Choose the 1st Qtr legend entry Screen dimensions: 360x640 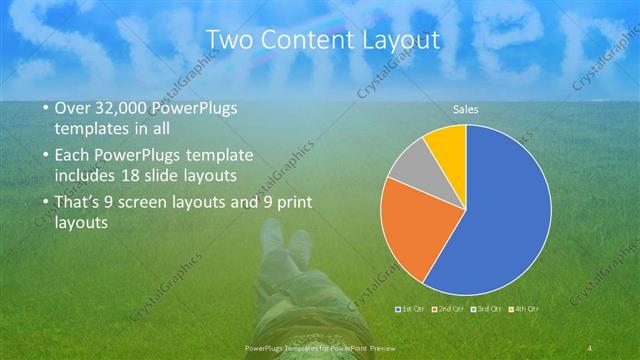409,309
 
